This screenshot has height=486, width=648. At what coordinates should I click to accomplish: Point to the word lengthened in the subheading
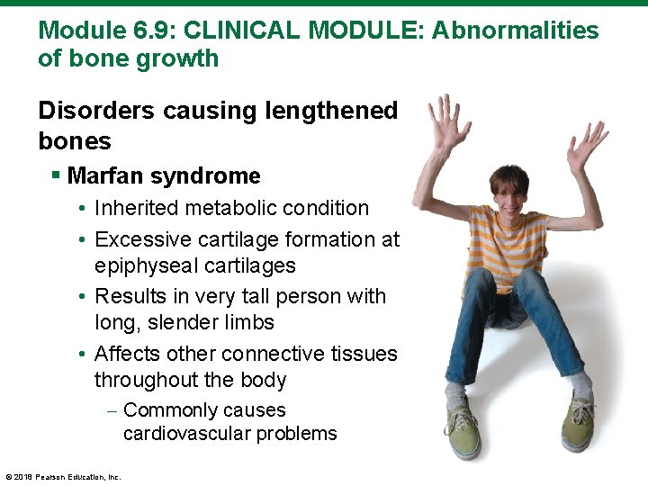tap(323, 111)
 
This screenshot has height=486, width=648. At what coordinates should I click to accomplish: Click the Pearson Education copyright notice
tap(63, 476)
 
